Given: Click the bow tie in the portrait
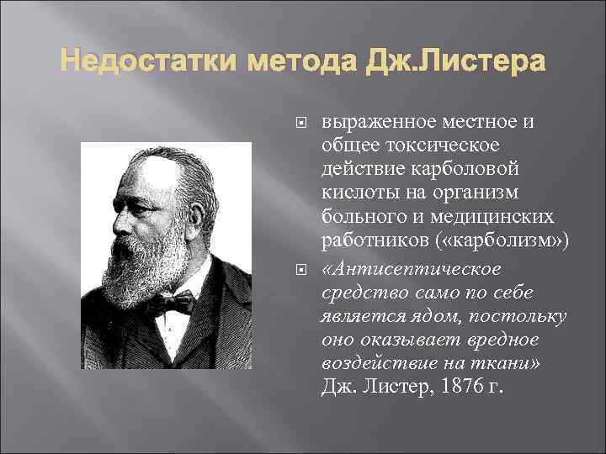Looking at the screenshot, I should (x=172, y=302).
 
